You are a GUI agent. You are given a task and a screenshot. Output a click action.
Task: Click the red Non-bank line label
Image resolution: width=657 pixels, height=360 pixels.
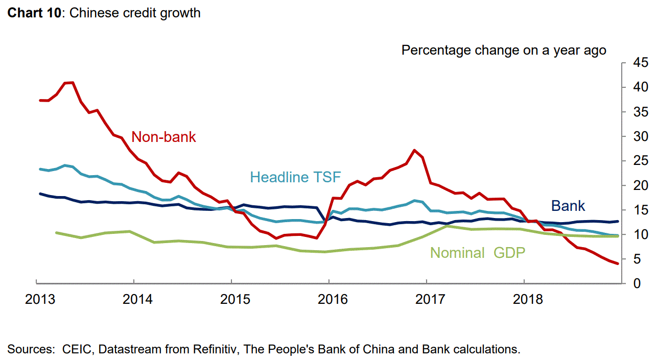163,137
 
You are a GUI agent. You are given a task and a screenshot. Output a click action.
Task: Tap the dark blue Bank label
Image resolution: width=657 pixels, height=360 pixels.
568,206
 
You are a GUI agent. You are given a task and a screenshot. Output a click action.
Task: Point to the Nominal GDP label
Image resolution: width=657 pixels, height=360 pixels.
478,252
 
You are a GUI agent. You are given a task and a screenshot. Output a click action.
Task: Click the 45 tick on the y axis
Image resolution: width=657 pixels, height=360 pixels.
635,63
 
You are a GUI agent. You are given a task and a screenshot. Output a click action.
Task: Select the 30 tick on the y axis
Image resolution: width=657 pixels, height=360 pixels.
635,137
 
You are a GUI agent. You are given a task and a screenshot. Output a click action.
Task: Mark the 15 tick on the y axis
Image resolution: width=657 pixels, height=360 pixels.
635,210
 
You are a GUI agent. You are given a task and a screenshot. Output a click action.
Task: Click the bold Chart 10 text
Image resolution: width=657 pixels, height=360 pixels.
34,13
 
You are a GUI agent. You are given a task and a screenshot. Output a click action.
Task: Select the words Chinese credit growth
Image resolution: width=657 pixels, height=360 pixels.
135,13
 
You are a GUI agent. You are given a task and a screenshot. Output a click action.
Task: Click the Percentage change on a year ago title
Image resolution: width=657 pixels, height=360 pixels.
504,50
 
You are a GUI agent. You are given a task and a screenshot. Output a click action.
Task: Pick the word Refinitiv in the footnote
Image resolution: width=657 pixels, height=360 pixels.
217,349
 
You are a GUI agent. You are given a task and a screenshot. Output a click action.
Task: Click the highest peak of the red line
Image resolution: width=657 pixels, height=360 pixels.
72,83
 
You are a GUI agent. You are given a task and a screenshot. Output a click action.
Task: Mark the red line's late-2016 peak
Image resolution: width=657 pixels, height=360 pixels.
414,150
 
